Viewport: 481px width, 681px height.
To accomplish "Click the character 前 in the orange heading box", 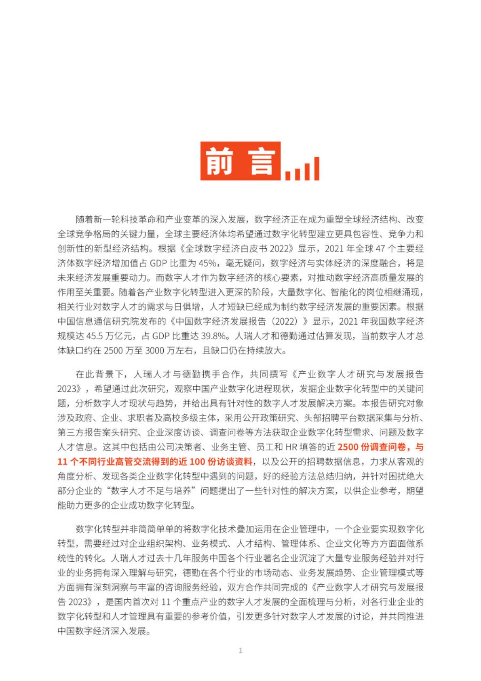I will pyautogui.click(x=220, y=161).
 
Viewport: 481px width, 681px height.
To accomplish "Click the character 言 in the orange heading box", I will pyautogui.click(x=262, y=161).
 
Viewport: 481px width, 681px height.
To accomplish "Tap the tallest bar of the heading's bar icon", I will pyautogui.click(x=316, y=168).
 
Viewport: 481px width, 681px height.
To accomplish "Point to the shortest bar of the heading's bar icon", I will pyautogui.click(x=288, y=176).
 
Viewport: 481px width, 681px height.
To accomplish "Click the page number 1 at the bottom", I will pyautogui.click(x=240, y=650).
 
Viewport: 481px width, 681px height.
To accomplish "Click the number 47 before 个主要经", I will pyautogui.click(x=380, y=249).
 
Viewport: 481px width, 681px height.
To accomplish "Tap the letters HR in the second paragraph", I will pyautogui.click(x=291, y=447).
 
